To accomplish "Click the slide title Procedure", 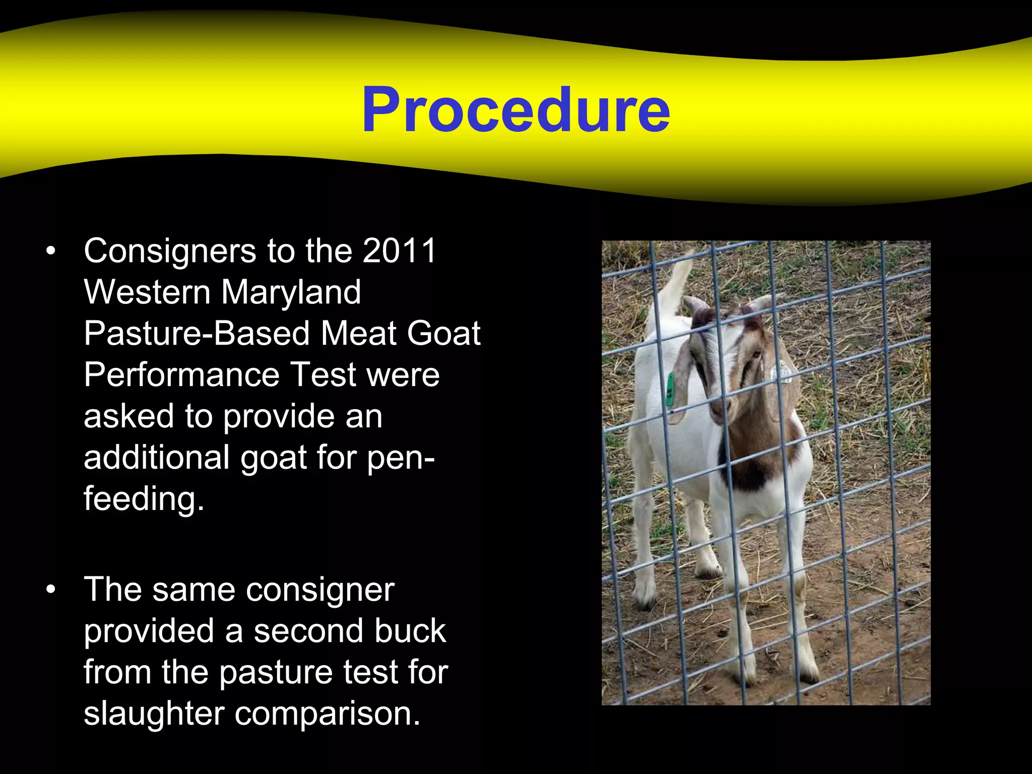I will (515, 110).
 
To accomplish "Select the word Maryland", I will (291, 292).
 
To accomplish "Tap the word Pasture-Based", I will (197, 334).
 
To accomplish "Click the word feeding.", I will (144, 499).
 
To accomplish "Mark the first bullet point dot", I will (50, 250).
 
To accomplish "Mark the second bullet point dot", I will (50, 590).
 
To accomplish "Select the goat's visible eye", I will (755, 356).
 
